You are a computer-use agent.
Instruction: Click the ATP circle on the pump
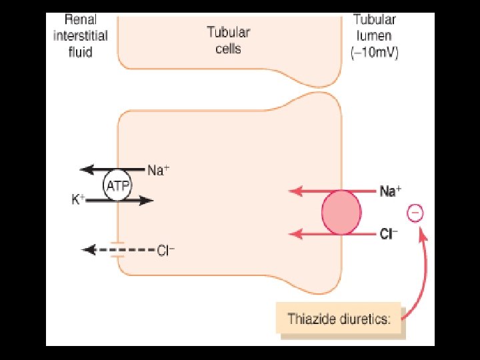118,185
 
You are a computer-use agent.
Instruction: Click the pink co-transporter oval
341,213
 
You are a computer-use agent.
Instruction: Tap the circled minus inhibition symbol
414,213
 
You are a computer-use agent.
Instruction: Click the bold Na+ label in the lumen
390,191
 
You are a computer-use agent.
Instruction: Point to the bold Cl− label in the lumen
389,234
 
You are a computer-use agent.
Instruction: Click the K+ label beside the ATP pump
78,199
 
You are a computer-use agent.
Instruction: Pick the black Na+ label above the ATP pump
158,170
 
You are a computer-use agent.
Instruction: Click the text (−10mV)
375,54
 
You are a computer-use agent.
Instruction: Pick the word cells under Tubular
228,49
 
